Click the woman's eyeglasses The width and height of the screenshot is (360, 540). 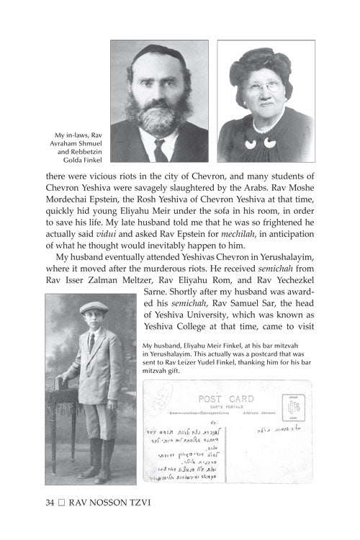coord(264,86)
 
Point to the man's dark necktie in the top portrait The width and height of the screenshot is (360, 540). coord(160,150)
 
